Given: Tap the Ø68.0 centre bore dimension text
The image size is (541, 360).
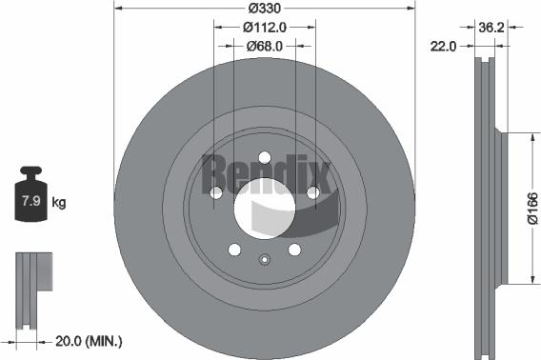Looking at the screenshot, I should (x=264, y=45).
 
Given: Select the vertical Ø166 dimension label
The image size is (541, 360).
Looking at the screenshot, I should (x=531, y=207).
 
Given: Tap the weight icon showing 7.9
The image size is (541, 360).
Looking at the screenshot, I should (x=30, y=198).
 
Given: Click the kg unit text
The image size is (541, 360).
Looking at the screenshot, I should (x=58, y=202).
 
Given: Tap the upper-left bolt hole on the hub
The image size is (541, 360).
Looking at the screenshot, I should (x=216, y=193).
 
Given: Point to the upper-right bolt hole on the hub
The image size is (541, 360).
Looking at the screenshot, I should (x=311, y=193).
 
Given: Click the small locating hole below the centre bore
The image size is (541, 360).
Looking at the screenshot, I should (x=264, y=257).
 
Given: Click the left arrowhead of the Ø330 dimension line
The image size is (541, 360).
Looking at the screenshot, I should (x=117, y=8).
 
